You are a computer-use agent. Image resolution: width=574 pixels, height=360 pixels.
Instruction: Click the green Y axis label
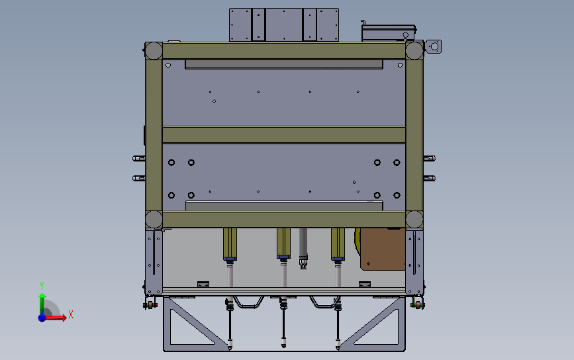pyautogui.click(x=41, y=285)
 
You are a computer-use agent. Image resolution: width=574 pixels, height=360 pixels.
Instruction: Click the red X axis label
pyautogui.click(x=71, y=315)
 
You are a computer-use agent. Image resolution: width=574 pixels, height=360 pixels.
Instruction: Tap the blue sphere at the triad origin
pyautogui.click(x=42, y=318)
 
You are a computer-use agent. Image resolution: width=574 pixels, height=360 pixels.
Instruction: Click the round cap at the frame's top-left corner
pyautogui.click(x=154, y=50)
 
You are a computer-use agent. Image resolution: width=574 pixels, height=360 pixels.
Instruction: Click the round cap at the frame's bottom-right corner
pyautogui.click(x=414, y=220)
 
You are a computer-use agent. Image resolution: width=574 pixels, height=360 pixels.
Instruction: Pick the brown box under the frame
pyautogui.click(x=382, y=249)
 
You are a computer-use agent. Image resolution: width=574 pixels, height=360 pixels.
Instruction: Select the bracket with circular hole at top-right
pyautogui.click(x=434, y=47)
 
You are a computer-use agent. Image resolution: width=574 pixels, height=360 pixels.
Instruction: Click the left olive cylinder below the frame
pyautogui.click(x=230, y=244)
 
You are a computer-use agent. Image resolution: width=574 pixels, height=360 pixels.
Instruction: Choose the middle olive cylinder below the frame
pyautogui.click(x=284, y=244)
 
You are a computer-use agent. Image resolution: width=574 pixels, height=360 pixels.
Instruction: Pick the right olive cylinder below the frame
pyautogui.click(x=338, y=244)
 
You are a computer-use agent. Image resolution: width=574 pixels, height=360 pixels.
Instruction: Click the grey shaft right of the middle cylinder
pyautogui.click(x=304, y=245)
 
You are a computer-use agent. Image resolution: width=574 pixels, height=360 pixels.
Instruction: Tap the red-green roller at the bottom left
pyautogui.click(x=150, y=304)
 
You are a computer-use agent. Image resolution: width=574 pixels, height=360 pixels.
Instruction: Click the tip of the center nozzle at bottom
pyautogui.click(x=284, y=346)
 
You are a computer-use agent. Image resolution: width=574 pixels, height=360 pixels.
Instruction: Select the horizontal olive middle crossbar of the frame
pyautogui.click(x=283, y=136)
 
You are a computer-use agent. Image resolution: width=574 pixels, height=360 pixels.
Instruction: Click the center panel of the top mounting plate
pyautogui.click(x=283, y=24)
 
